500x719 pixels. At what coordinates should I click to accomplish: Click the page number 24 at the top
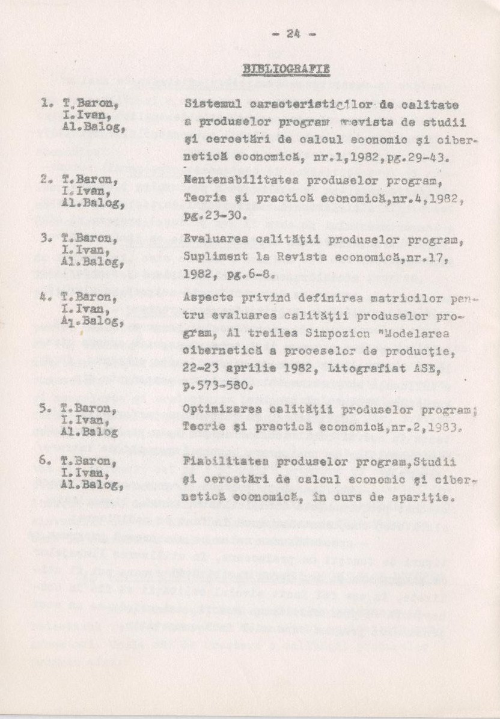[x=293, y=34]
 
